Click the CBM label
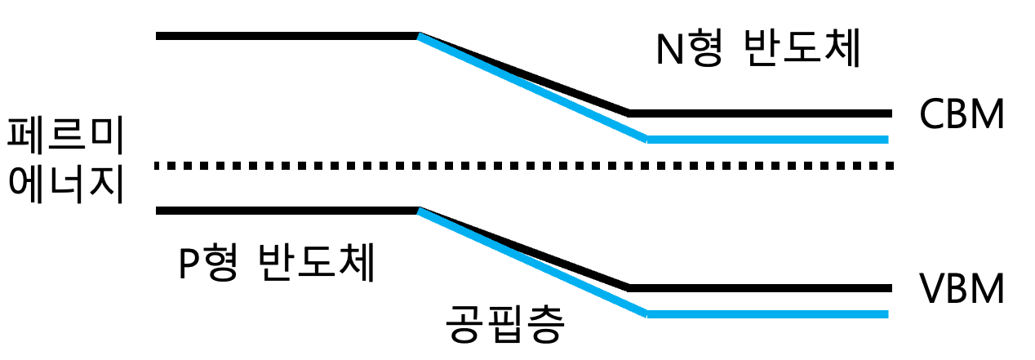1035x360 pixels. (962, 116)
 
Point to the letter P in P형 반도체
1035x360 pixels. (189, 264)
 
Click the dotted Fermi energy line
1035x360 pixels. (522, 166)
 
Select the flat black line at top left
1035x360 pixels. (286, 36)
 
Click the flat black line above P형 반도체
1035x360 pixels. (286, 211)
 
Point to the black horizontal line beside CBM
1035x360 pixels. (759, 113)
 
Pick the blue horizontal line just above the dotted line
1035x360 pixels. (767, 140)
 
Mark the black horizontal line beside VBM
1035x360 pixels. (759, 288)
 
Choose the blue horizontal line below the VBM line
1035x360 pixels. (767, 314)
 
